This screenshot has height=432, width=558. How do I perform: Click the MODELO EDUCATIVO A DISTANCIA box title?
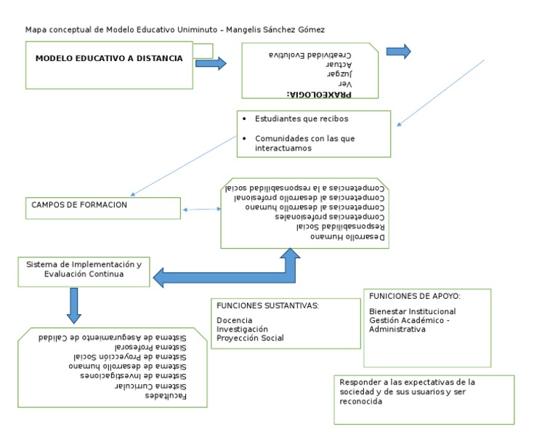(x=109, y=58)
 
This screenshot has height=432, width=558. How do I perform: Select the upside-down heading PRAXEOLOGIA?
(x=319, y=94)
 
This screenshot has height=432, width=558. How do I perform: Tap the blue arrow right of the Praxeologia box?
(x=398, y=52)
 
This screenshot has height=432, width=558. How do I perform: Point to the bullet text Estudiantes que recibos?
(x=302, y=119)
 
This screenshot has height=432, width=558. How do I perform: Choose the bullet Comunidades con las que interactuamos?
(x=304, y=143)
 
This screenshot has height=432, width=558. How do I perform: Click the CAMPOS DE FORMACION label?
(x=79, y=205)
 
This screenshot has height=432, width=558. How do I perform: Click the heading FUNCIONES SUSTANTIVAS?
(x=267, y=305)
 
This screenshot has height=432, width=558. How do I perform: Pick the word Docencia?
(x=235, y=320)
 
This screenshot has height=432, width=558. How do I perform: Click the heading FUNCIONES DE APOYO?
(x=415, y=296)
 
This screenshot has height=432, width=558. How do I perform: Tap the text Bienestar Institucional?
(x=413, y=311)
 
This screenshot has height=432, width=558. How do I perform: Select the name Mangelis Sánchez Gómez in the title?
(x=276, y=30)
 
